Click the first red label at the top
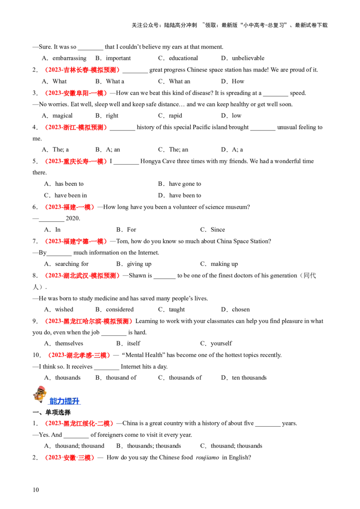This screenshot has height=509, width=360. [x=81, y=70]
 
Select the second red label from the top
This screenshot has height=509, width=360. [x=76, y=93]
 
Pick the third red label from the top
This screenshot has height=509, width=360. [x=76, y=128]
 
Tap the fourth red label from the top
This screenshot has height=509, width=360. [x=76, y=161]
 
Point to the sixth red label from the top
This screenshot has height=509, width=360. [x=76, y=241]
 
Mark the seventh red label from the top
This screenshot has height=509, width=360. [x=81, y=276]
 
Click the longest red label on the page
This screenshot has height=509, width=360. [x=88, y=321]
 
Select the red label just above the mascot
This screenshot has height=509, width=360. [x=79, y=356]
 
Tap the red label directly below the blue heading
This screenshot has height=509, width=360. [x=79, y=424]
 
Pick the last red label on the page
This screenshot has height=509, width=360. [x=69, y=458]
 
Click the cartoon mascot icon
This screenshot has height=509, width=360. [x=40, y=395]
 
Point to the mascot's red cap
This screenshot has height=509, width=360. [x=41, y=388]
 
